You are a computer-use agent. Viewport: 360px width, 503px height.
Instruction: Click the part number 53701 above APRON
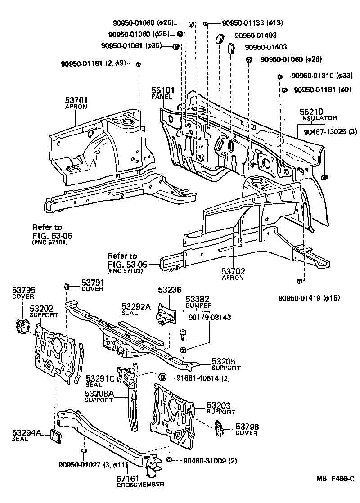tap(76, 101)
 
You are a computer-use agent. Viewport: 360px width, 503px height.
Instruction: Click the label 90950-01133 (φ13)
tap(246, 23)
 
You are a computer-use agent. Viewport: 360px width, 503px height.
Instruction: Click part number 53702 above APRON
tap(233, 271)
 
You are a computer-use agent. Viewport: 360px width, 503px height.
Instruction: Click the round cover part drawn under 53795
tap(22, 326)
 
